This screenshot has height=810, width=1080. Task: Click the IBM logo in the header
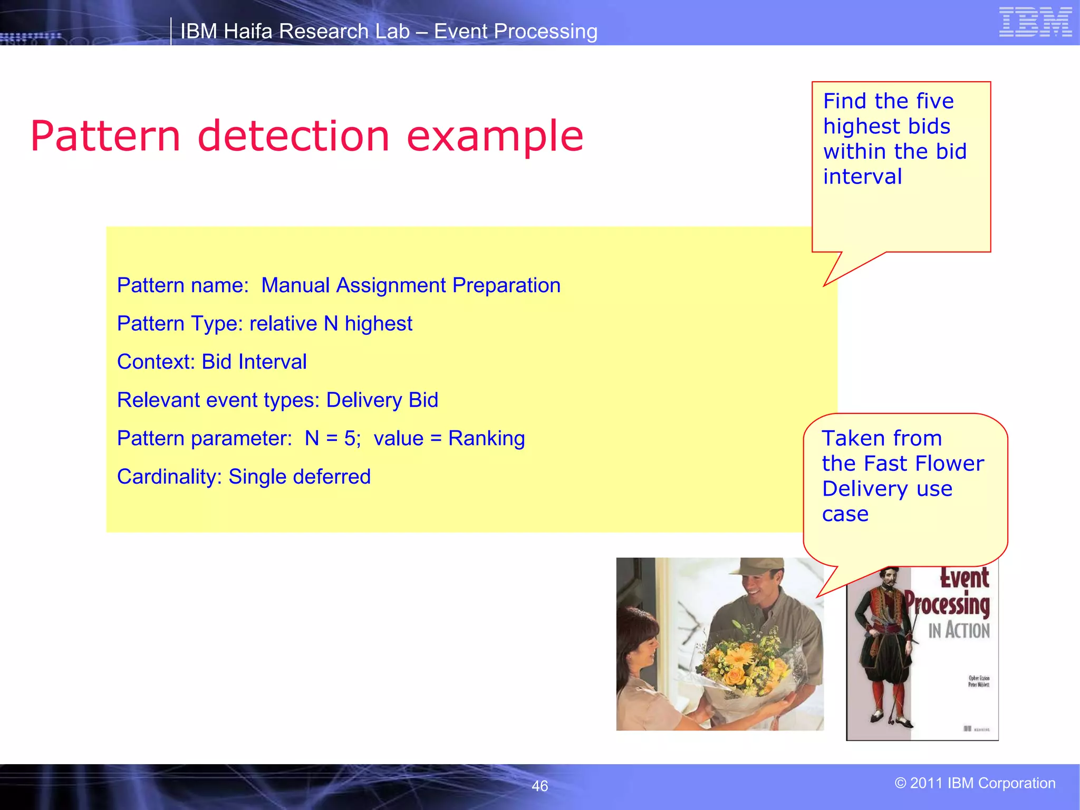pyautogui.click(x=1035, y=22)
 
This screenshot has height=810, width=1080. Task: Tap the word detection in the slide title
pyautogui.click(x=293, y=136)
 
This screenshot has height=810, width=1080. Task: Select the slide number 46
pyautogui.click(x=539, y=786)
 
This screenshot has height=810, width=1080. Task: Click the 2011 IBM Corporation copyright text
pyautogui.click(x=975, y=783)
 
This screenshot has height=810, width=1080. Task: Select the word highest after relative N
pyautogui.click(x=378, y=324)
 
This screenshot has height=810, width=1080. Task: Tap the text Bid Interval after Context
pyautogui.click(x=254, y=362)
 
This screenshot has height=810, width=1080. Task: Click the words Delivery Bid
pyautogui.click(x=382, y=400)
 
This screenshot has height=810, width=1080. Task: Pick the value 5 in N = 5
pyautogui.click(x=350, y=439)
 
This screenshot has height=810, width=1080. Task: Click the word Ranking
pyautogui.click(x=486, y=439)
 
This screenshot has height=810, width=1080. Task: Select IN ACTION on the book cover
pyautogui.click(x=959, y=631)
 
